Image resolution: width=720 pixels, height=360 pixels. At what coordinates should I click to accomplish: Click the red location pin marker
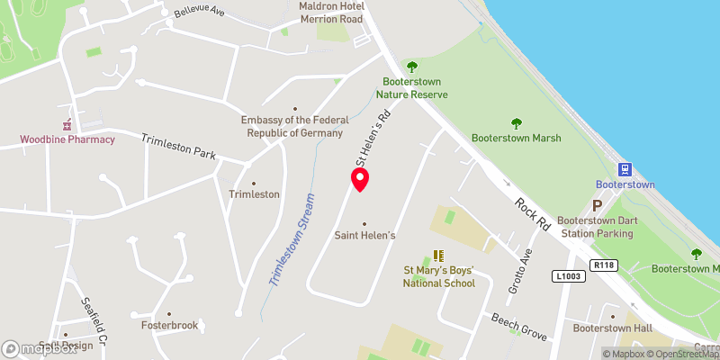coord(360,180)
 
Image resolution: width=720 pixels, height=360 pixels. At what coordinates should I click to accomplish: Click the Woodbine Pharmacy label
coord(68,139)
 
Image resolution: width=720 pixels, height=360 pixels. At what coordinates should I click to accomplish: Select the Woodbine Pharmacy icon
coord(67,124)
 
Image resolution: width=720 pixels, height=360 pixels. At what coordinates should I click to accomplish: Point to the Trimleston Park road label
coord(178,146)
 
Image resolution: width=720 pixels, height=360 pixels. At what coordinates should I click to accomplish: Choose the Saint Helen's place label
coord(364,236)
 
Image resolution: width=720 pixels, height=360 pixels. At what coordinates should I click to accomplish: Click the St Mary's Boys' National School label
coord(438,277)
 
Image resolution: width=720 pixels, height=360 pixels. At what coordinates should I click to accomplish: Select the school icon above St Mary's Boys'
coord(438,256)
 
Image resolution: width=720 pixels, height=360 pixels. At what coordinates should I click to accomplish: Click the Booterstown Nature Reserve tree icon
coord(412,67)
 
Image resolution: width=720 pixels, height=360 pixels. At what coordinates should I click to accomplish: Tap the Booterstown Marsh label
coord(516,138)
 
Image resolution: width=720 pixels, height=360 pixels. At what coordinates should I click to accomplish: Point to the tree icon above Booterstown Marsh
coord(517,123)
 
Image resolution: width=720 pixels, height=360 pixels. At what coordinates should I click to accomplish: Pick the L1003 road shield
coord(568,275)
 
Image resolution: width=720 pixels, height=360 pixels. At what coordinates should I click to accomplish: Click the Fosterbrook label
coord(169,325)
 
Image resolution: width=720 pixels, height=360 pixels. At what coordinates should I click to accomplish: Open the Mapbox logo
coord(40,348)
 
